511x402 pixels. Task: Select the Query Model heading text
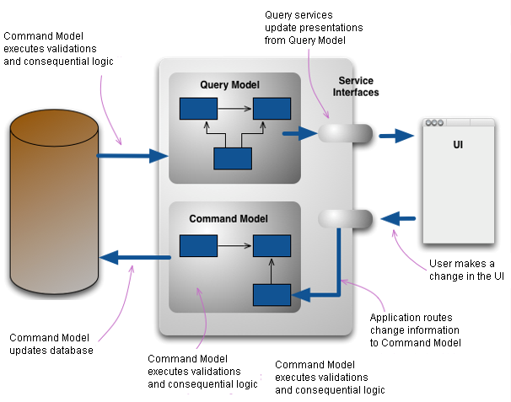[229, 84]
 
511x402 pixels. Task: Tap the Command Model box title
[229, 218]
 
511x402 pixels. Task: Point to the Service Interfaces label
[358, 87]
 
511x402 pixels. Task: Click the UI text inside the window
[458, 145]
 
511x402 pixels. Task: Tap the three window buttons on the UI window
[434, 123]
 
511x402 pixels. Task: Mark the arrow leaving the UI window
[397, 219]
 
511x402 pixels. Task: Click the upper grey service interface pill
[344, 133]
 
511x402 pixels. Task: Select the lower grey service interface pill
[345, 219]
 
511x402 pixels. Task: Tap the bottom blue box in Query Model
[233, 158]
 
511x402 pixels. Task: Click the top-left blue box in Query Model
[197, 109]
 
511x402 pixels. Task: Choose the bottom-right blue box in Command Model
[272, 295]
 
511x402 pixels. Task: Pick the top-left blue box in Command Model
[197, 246]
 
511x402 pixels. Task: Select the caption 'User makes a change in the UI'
[465, 270]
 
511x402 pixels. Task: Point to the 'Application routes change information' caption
[415, 330]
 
